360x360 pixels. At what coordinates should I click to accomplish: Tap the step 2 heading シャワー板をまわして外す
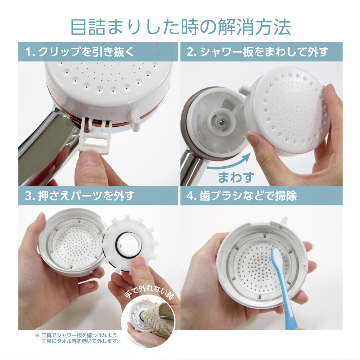257,51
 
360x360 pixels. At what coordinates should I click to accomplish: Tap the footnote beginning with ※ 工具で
77,338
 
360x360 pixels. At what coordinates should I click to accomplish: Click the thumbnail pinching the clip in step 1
86,158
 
